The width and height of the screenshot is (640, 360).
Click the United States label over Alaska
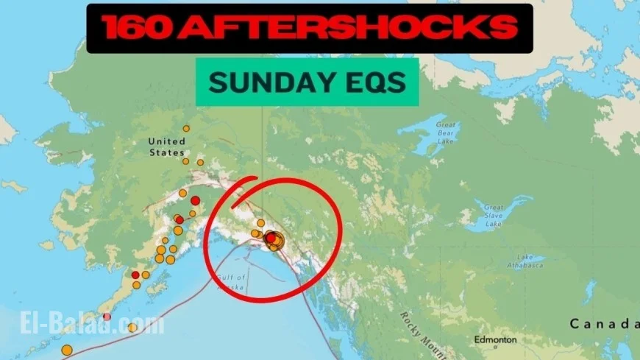[166, 147]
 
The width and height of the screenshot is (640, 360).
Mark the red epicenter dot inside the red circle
[271, 238]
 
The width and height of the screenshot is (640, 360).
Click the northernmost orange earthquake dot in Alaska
[186, 128]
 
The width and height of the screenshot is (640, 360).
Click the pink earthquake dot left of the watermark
[107, 317]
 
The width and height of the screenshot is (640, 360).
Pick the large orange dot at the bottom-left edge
[67, 350]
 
